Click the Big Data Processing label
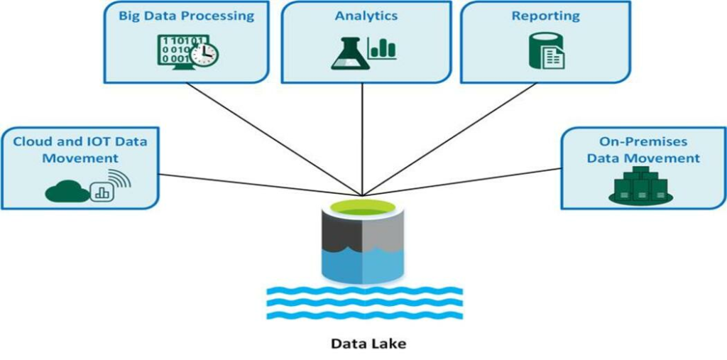[x=186, y=16]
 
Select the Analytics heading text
[x=366, y=16]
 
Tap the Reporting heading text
[x=545, y=16]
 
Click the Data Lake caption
[x=368, y=344]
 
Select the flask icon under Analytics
[x=349, y=53]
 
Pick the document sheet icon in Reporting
[x=554, y=56]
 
